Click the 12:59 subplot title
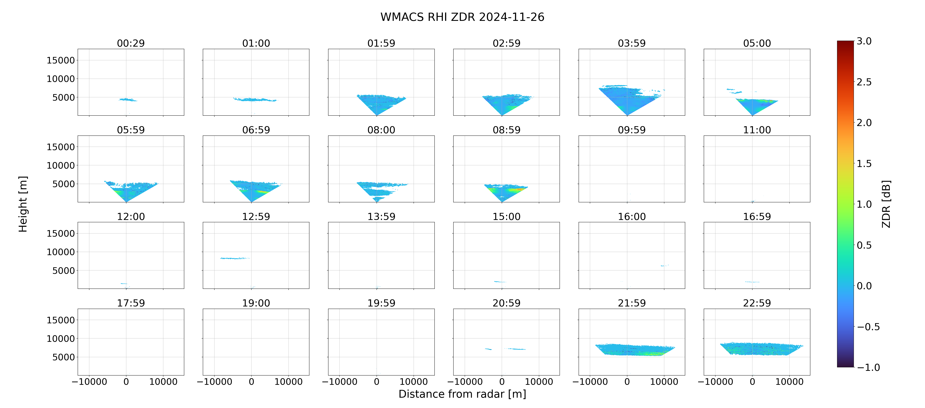point(256,217)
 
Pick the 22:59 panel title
point(757,303)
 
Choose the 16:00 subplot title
point(632,217)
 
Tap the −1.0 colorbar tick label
point(868,367)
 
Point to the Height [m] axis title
point(23,204)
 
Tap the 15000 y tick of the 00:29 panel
point(61,60)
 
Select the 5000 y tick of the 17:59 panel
point(63,357)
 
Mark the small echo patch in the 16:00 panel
point(665,265)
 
